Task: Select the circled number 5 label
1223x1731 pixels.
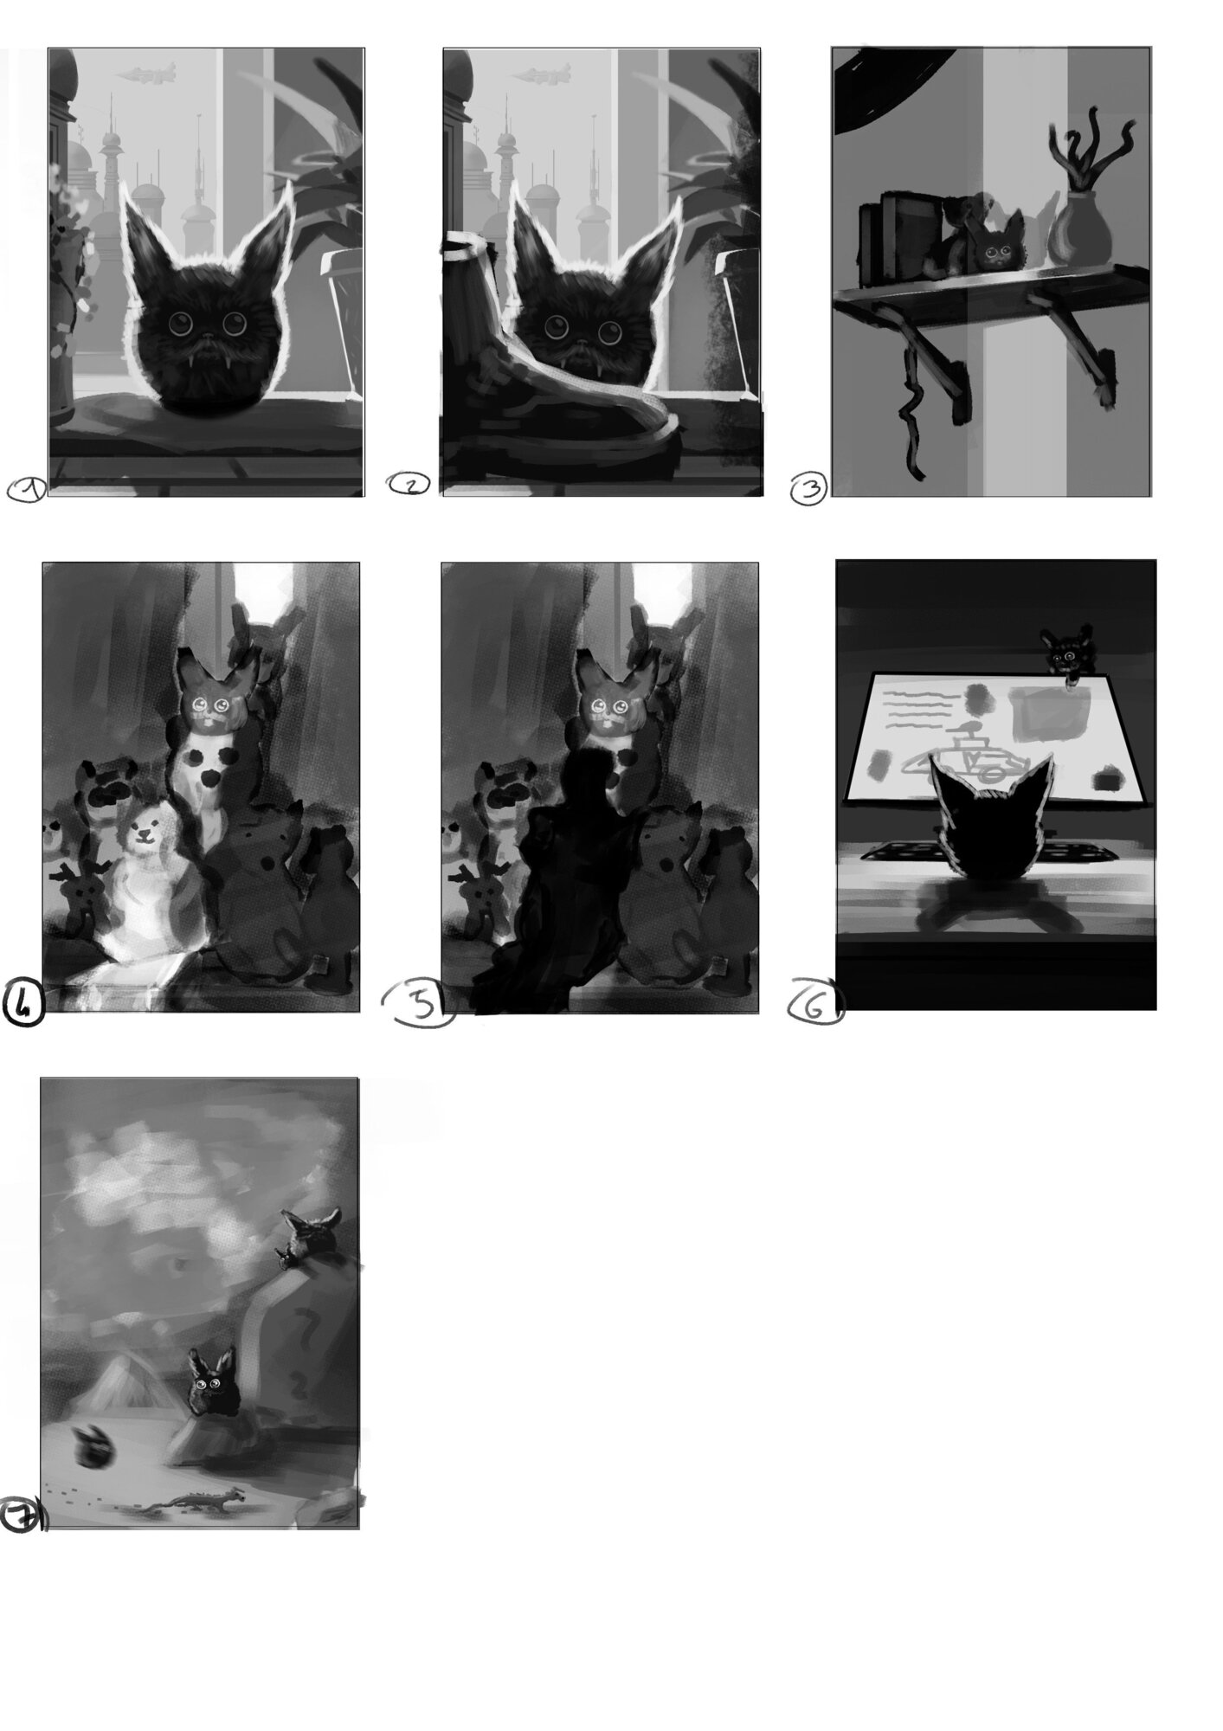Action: point(419,1005)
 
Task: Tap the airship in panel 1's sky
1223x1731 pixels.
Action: point(146,74)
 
